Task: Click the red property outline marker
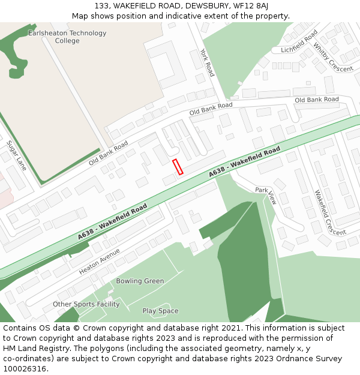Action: pos(178,167)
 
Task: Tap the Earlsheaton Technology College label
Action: pos(67,37)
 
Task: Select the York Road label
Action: pos(208,62)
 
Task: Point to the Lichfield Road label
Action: pos(299,42)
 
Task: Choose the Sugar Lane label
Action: pos(17,155)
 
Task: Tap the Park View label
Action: pos(265,194)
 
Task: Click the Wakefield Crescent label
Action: pos(330,212)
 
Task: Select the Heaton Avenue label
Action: pos(100,262)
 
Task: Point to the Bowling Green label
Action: pos(140,281)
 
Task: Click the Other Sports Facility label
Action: pos(86,304)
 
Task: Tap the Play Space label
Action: pos(160,311)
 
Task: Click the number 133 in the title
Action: pos(101,5)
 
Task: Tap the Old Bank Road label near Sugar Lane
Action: pos(109,154)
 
